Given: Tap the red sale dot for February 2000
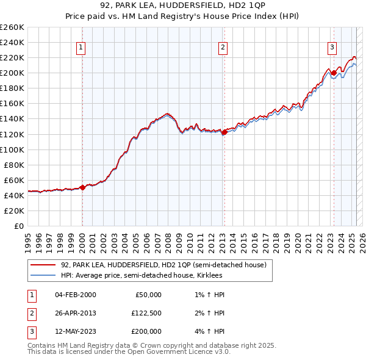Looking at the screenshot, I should pyautogui.click(x=83, y=188).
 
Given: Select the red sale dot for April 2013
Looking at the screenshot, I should pyautogui.click(x=224, y=132).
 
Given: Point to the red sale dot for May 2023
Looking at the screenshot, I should pyautogui.click(x=334, y=73).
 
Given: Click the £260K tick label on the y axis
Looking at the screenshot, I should pyautogui.click(x=12, y=27).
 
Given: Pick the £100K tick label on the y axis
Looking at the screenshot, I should pyautogui.click(x=12, y=149).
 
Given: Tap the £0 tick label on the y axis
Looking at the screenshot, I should pyautogui.click(x=19, y=226).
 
